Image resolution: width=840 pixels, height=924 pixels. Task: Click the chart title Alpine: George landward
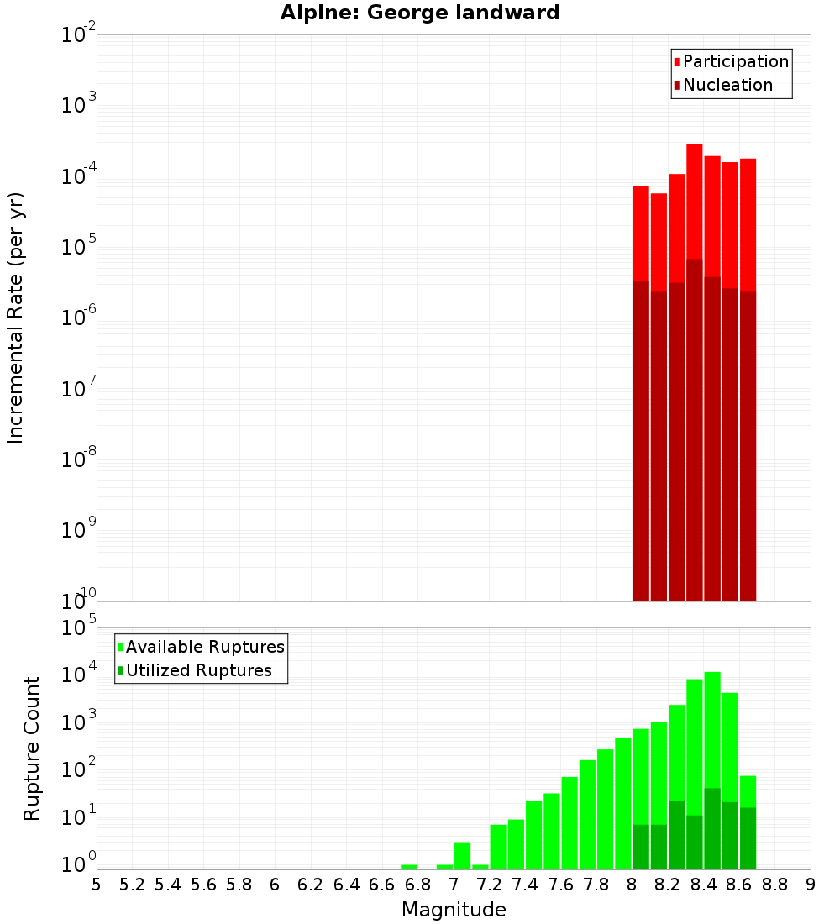pyautogui.click(x=420, y=13)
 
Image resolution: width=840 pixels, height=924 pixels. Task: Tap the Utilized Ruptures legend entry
pyautogui.click(x=198, y=670)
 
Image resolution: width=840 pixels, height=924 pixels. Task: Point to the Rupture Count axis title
pyautogui.click(x=32, y=748)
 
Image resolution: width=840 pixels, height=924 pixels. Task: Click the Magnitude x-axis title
pyautogui.click(x=454, y=910)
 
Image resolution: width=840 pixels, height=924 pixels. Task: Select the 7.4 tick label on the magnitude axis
pyautogui.click(x=525, y=885)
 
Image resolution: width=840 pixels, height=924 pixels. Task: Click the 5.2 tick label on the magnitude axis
pyautogui.click(x=132, y=885)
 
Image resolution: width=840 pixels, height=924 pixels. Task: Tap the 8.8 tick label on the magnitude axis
pyautogui.click(x=774, y=885)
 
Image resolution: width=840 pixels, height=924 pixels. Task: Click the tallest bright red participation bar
pyautogui.click(x=694, y=202)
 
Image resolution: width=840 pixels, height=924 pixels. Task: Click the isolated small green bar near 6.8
pyautogui.click(x=409, y=867)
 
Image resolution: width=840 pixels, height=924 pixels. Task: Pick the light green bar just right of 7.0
pyautogui.click(x=462, y=855)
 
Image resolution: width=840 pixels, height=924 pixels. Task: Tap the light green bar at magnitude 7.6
pyautogui.click(x=570, y=823)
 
